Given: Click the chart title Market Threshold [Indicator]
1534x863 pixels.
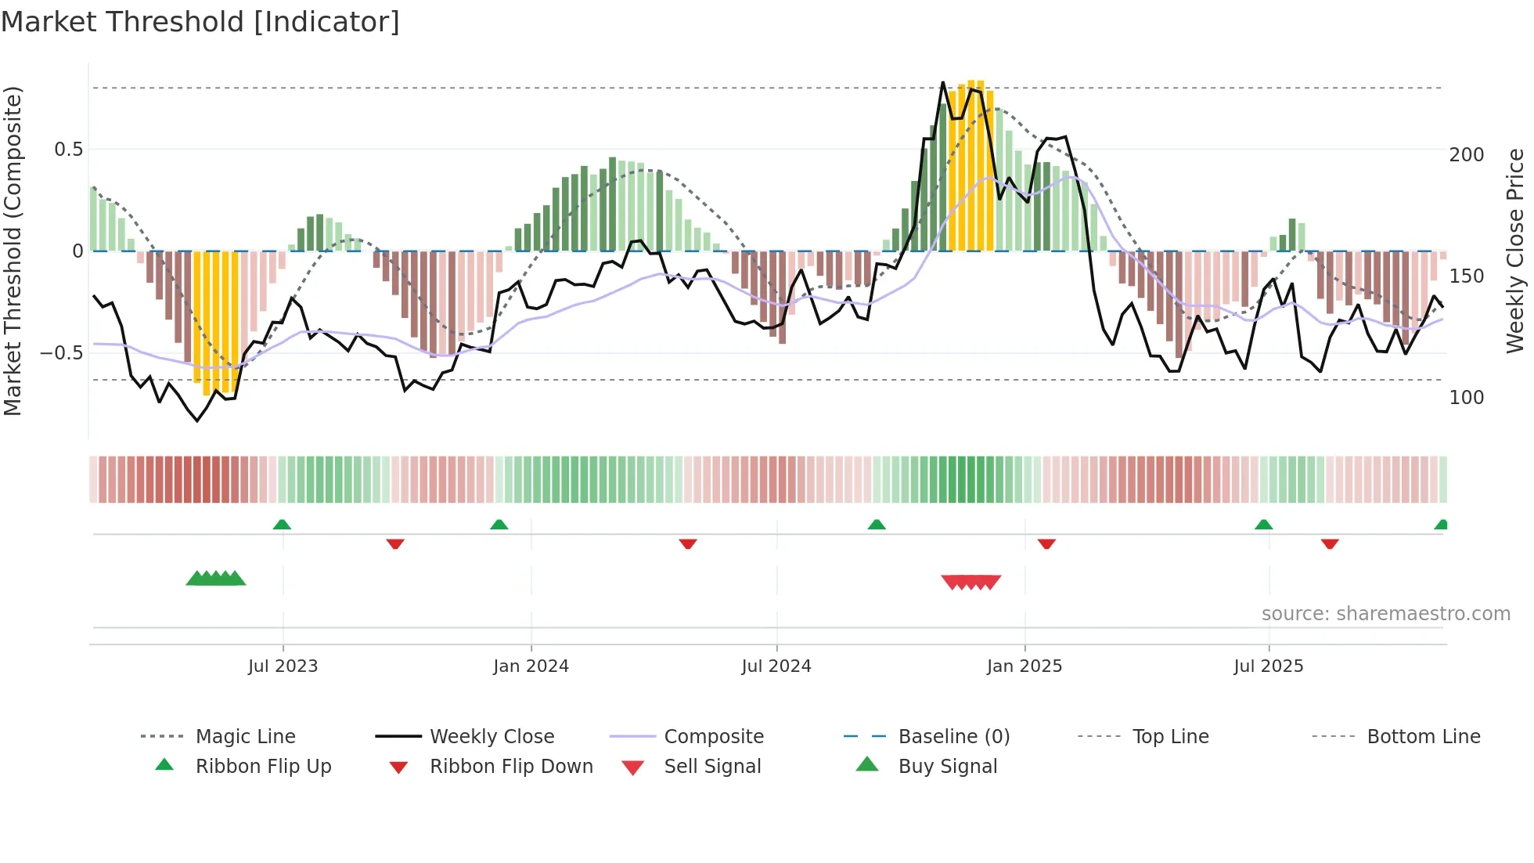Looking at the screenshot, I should pos(200,22).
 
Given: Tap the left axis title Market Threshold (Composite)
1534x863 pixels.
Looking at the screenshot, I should pos(13,251).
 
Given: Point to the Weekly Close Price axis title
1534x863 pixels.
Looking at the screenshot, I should pos(1515,251).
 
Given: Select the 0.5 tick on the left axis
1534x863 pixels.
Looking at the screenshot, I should pos(68,150).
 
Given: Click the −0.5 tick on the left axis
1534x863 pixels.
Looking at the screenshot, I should pos(62,353).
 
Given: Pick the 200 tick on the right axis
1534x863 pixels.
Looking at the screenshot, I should pos(1466,155).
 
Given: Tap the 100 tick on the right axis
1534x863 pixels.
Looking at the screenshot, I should pos(1466,398).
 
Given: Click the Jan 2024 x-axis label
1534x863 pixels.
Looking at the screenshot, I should pos(531,666).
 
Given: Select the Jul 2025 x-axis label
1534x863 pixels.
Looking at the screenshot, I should pos(1268,666).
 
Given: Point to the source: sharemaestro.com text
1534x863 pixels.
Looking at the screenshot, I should pos(1385,614).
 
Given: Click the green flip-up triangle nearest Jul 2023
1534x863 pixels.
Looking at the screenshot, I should pos(282,525).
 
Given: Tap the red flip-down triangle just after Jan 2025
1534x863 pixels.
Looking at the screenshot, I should pos(1046,543).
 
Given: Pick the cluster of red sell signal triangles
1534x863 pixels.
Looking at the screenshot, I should pos(970,582).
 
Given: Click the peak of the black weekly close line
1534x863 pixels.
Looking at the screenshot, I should pos(942,83).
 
